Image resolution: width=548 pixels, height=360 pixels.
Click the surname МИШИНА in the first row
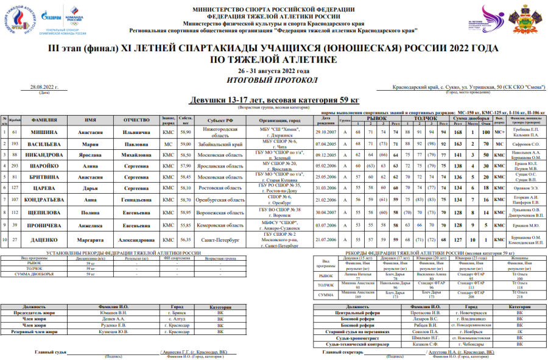44,132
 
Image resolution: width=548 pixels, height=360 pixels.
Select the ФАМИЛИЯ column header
44,120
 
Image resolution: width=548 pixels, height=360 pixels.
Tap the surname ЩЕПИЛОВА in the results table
44,212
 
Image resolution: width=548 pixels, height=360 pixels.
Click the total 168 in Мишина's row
458,132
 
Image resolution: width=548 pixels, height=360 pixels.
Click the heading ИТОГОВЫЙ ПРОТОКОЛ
273,80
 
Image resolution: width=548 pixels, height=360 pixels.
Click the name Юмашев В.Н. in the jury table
113,311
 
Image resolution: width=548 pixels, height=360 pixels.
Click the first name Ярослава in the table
91,155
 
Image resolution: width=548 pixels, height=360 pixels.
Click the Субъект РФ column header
217,120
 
